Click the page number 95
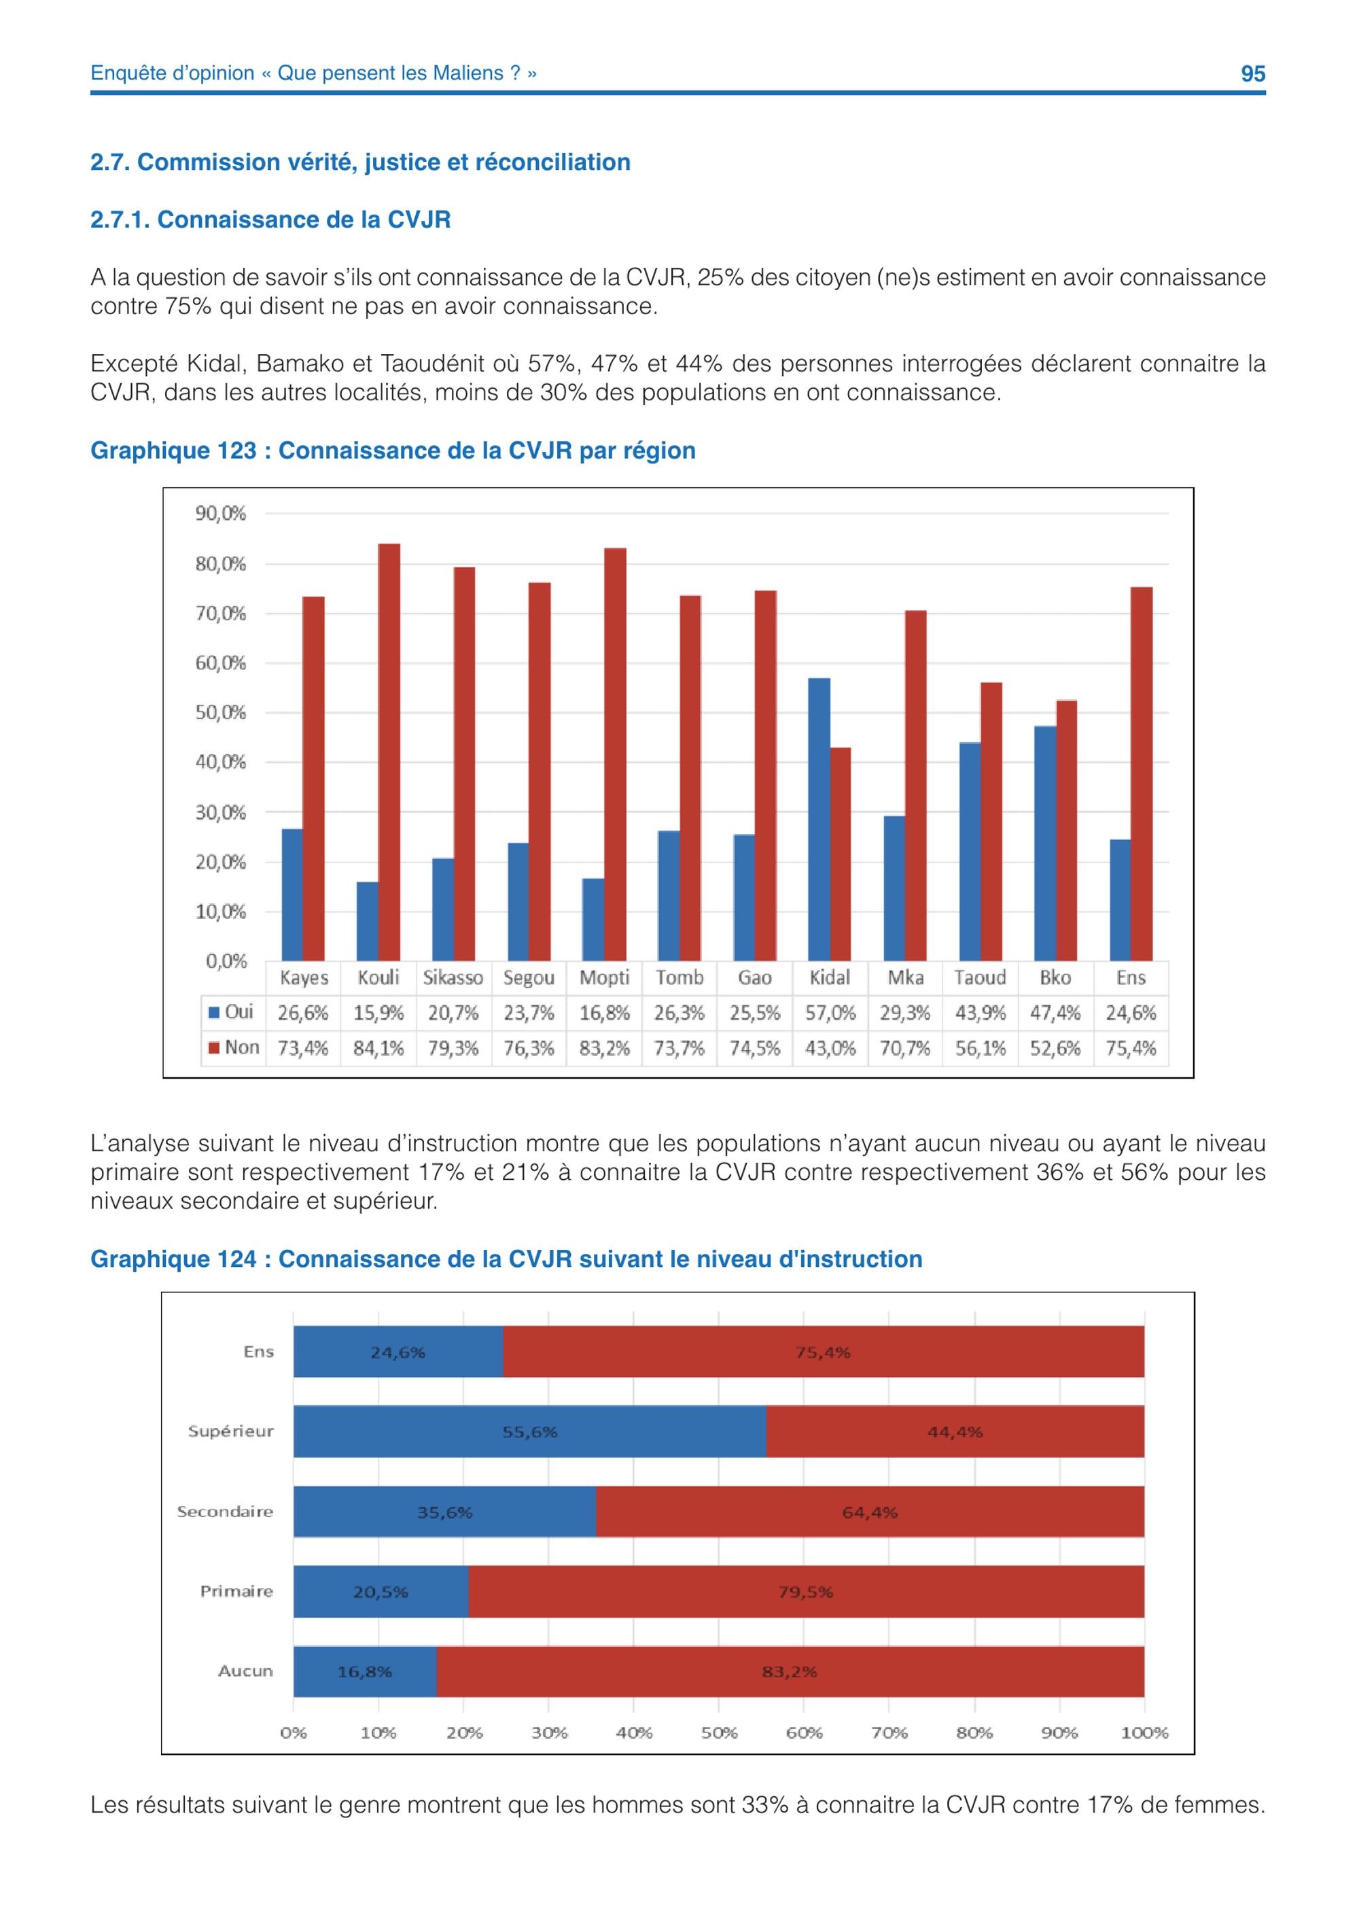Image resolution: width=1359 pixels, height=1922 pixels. coord(1253,73)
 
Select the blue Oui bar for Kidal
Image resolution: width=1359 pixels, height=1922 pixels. coord(819,820)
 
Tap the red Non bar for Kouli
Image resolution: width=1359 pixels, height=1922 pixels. coord(389,752)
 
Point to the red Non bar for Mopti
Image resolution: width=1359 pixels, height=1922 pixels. coord(615,754)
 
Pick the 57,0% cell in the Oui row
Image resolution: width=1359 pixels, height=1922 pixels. coord(830,1013)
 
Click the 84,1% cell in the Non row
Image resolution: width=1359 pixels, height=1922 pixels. coord(378,1048)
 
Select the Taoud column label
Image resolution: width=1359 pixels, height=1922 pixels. coord(980,978)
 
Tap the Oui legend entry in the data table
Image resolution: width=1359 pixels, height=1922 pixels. coord(231,1012)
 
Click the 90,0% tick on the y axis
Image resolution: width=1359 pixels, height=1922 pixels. coord(221,513)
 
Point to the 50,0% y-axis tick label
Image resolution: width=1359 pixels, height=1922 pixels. coord(221,712)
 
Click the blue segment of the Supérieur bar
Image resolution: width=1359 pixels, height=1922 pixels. coord(530,1431)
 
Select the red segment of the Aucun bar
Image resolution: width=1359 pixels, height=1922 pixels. coord(790,1672)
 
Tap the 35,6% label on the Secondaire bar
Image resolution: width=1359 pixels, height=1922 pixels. coord(445,1513)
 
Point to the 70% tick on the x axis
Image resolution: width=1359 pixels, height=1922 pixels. coord(889,1733)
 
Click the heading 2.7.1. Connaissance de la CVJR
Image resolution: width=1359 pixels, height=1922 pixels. coord(270,220)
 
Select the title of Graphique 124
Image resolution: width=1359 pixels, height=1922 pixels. coord(506,1259)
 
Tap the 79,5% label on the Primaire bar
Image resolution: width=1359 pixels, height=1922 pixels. coord(806,1592)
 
